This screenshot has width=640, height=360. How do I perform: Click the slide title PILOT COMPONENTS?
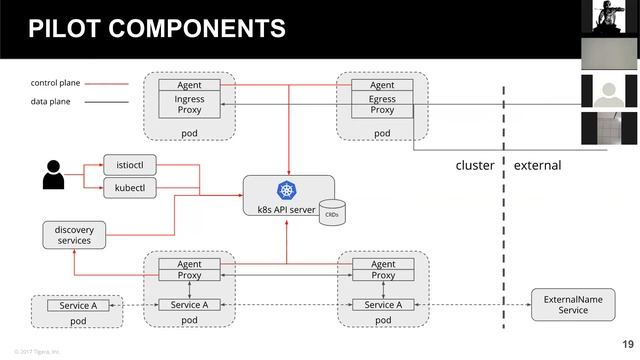156,29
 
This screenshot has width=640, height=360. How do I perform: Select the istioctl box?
130,164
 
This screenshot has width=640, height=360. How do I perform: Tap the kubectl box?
130,187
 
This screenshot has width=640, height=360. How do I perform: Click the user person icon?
53,175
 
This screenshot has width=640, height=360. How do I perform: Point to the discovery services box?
74,234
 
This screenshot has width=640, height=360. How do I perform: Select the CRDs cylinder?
332,213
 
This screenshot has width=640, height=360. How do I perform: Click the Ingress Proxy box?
189,105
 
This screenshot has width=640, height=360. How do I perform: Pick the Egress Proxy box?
382,105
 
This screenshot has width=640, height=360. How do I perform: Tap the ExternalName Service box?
573,305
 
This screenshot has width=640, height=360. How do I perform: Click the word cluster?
474,165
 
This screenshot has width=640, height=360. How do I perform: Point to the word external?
537,165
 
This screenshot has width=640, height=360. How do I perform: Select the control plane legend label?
55,83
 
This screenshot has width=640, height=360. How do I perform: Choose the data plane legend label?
51,101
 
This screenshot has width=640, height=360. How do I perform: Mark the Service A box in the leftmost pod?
78,305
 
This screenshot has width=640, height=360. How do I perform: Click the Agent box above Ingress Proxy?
189,85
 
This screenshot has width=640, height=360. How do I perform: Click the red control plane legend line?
106,83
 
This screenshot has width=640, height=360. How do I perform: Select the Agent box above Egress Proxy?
382,85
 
